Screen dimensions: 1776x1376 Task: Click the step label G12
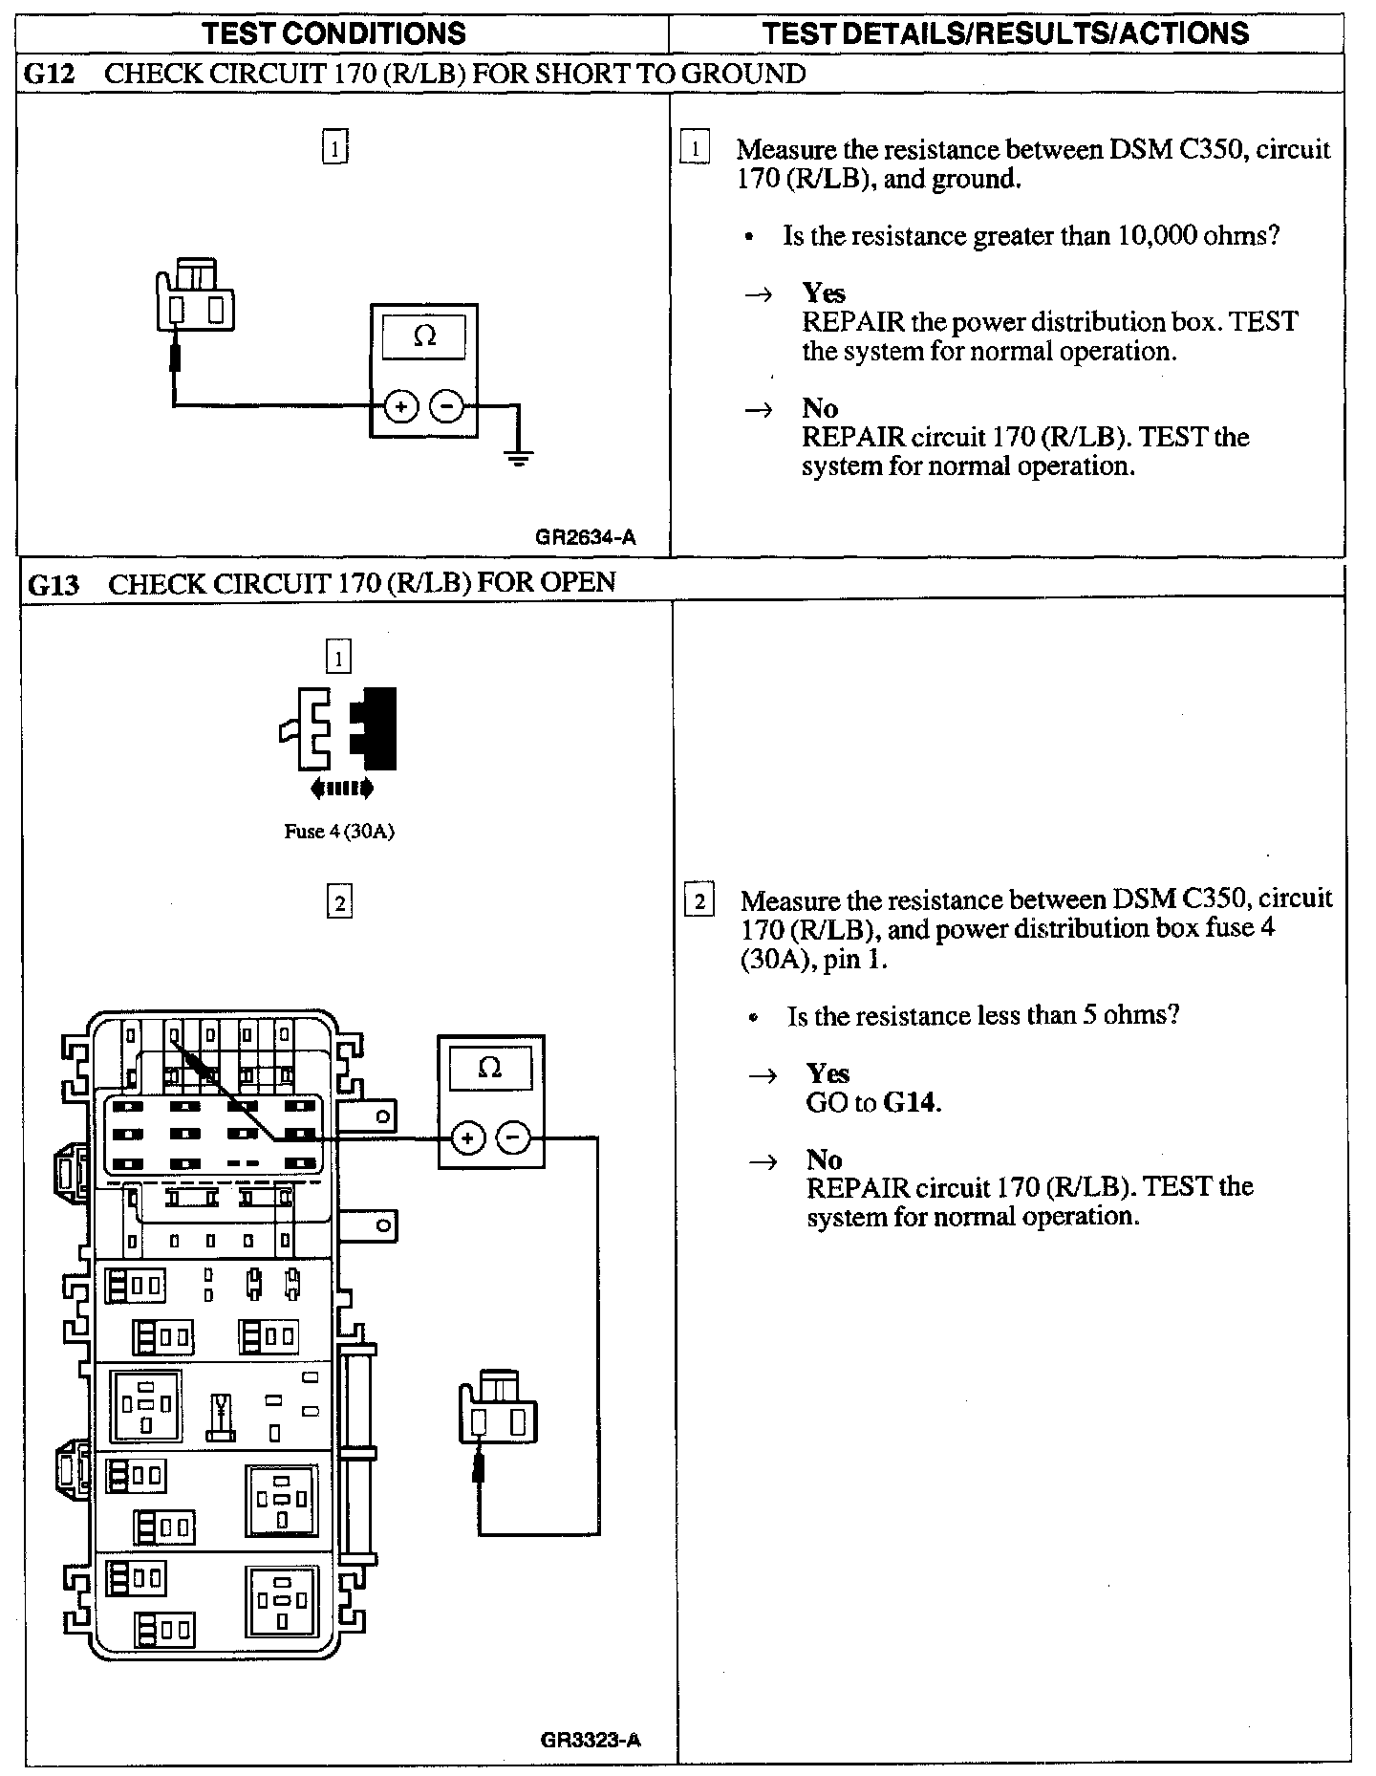(x=49, y=75)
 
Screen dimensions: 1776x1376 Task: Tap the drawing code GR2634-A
(x=585, y=537)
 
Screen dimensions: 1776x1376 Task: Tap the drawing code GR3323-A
(x=590, y=1740)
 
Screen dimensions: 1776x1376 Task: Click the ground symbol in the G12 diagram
(x=519, y=456)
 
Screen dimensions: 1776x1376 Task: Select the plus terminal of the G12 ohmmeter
(x=401, y=407)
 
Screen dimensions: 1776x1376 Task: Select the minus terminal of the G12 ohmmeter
(x=446, y=407)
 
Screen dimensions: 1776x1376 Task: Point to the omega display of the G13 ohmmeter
(x=490, y=1068)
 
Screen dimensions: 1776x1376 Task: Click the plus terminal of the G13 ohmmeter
(x=467, y=1138)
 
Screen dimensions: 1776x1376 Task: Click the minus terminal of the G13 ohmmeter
(x=513, y=1138)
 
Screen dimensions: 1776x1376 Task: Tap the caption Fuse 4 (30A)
(x=339, y=832)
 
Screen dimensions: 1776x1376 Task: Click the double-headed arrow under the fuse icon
(x=341, y=789)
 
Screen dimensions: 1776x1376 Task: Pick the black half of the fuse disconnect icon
(x=376, y=728)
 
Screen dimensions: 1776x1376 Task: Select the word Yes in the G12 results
(x=824, y=292)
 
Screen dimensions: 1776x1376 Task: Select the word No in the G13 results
(x=824, y=1159)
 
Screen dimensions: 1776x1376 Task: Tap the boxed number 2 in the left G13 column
(x=339, y=901)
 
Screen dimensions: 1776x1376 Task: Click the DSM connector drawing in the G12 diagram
(x=196, y=296)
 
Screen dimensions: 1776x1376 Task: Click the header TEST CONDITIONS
(x=334, y=34)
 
